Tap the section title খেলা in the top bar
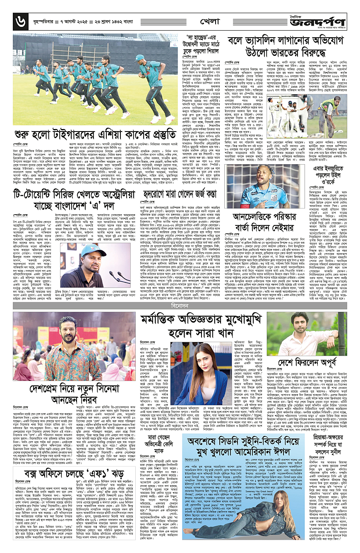point(209,20)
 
